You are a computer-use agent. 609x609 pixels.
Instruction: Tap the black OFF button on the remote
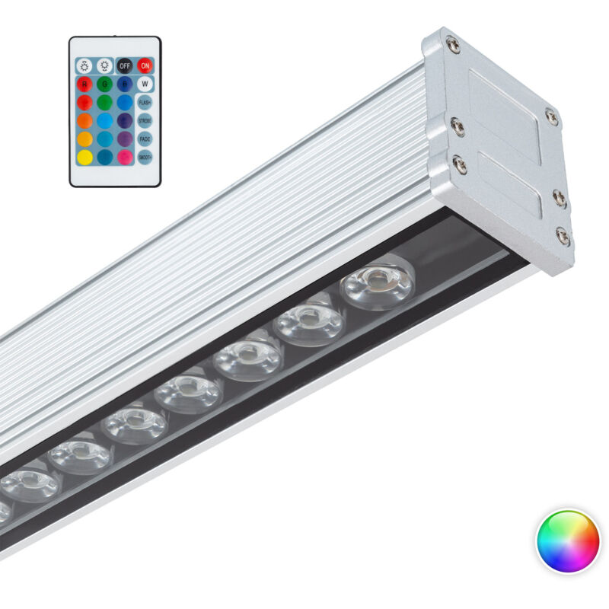(124, 65)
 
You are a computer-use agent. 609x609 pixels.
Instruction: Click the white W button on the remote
(144, 84)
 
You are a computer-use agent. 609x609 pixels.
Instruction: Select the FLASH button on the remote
(144, 102)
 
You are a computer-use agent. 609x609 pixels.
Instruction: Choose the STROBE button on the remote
(144, 120)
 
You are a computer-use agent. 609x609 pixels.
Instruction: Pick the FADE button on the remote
(144, 139)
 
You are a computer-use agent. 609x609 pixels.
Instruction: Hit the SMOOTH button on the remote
(144, 157)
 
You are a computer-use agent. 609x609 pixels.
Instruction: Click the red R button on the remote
(84, 84)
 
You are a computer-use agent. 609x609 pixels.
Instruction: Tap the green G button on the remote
(104, 84)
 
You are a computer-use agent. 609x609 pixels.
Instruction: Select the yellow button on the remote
(84, 157)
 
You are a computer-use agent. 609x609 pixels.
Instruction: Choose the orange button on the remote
(84, 120)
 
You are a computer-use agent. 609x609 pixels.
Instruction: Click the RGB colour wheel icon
(568, 541)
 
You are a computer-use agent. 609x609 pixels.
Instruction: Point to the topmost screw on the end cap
(454, 45)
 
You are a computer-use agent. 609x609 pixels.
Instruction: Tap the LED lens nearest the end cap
(377, 282)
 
